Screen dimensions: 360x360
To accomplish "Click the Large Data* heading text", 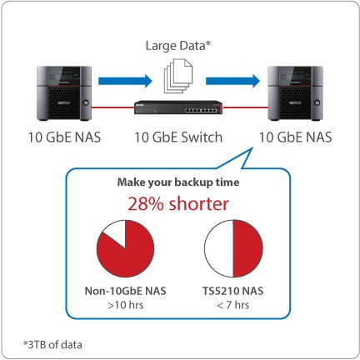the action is pos(178,46).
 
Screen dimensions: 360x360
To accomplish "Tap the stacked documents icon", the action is pos(178,76).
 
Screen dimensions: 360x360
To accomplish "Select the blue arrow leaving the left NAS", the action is pos(125,81).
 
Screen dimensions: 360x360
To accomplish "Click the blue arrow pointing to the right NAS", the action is pos(232,81).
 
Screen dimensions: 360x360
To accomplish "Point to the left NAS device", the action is pos(64,93).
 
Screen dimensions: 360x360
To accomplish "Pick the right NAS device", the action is pos(295,93).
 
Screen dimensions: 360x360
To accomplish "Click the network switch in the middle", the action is pos(178,107).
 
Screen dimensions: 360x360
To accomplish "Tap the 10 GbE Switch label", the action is pos(178,137).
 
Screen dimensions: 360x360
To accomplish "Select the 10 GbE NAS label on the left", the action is pos(64,137).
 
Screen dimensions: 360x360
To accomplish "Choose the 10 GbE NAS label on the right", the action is pos(296,137).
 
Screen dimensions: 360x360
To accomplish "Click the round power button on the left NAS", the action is pos(86,102).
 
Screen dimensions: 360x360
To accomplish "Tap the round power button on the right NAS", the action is pos(317,102).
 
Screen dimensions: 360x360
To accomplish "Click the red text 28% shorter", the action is pos(178,204).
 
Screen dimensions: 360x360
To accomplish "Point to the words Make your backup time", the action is pos(178,182).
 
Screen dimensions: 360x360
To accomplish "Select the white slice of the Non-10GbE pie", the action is pos(115,232).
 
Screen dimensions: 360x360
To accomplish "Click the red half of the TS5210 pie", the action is pos(247,248).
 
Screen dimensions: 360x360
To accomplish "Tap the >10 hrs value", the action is pos(126,305).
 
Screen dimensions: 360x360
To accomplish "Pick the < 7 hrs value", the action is pos(233,305).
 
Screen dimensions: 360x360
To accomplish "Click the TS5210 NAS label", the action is pos(233,291).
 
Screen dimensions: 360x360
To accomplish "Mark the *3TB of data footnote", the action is pos(52,345).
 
